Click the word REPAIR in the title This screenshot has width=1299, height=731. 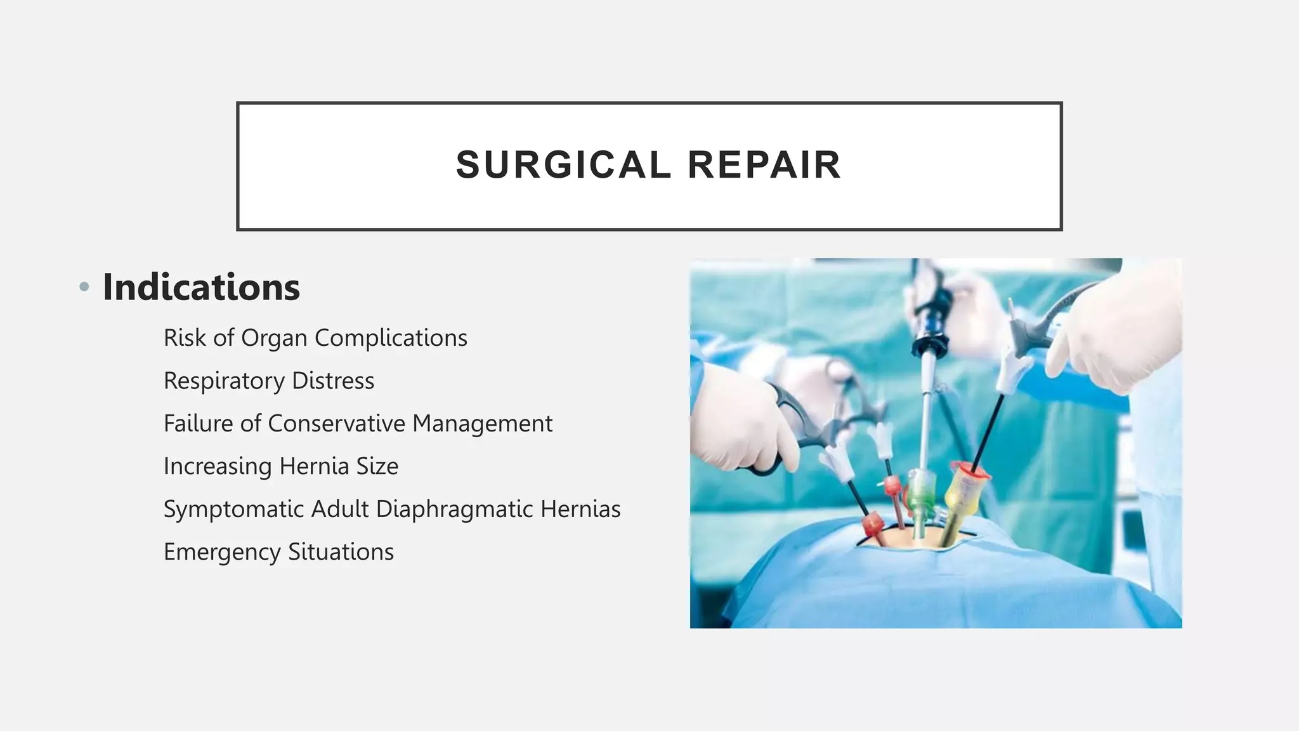click(x=764, y=165)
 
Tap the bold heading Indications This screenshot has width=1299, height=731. click(x=201, y=287)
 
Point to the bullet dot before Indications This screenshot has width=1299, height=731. click(x=84, y=287)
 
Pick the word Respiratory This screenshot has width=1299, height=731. click(x=224, y=381)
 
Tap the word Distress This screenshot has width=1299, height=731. click(x=333, y=381)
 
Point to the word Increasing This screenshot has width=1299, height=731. click(x=218, y=466)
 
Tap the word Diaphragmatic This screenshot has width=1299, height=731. click(x=454, y=509)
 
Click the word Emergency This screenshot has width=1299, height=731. click(x=222, y=552)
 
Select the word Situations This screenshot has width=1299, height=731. click(x=341, y=551)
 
